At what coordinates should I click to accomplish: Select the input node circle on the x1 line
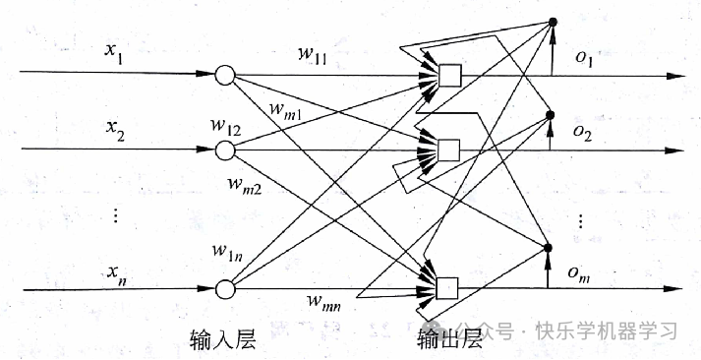pos(224,74)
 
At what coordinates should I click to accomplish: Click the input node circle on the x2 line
pos(224,150)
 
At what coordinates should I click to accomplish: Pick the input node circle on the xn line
pos(224,289)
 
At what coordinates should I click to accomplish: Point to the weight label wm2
pos(245,184)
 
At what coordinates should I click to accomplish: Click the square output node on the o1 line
pos(449,75)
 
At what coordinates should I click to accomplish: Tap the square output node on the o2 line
pos(449,150)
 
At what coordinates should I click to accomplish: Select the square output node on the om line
pos(449,288)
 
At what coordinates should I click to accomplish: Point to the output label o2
pos(585,131)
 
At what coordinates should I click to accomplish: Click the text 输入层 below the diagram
pos(222,339)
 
